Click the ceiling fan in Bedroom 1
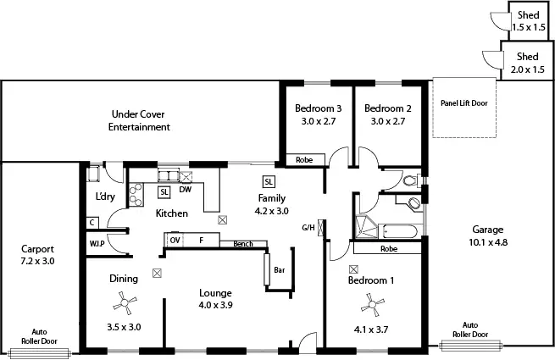(370, 301)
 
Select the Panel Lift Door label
(463, 103)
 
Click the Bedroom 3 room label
(318, 115)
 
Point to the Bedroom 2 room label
(387, 115)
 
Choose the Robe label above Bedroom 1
(389, 250)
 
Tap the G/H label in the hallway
(308, 228)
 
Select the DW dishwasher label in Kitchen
(185, 191)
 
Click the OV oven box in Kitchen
(175, 241)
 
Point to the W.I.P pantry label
(97, 244)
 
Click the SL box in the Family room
(268, 181)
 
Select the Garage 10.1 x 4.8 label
(488, 235)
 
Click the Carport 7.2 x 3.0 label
(38, 255)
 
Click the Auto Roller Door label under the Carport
(38, 336)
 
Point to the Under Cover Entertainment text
(139, 120)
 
